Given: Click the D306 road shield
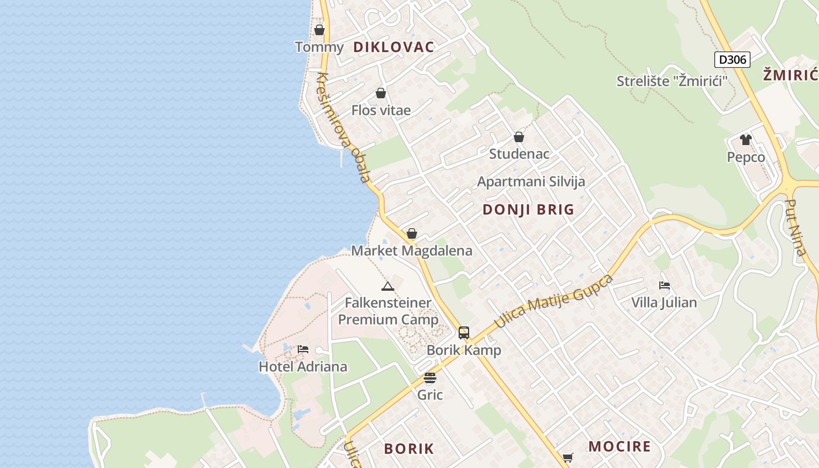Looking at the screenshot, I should coord(732,59).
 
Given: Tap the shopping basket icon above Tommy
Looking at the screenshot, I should coord(319,29).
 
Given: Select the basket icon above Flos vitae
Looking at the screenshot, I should coord(381,93).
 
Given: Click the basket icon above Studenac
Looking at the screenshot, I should coord(519,137).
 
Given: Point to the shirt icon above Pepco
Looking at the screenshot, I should coord(745,139).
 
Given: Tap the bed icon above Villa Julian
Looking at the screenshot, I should coord(664,285).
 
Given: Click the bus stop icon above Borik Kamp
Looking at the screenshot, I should coord(464,333).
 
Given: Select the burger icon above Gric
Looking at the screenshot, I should coord(430,378).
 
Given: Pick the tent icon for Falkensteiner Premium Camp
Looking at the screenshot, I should coord(387,286).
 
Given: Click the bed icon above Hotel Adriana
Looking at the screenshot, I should coord(303,349).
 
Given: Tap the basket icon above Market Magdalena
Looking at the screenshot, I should coord(412,233).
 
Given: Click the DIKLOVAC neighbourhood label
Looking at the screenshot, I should coord(394,47).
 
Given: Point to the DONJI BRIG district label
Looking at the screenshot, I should coord(528,210).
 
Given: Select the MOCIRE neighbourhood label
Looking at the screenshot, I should coord(620,447).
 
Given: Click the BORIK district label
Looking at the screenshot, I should coord(409,449).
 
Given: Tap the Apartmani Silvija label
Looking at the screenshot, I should coord(531,181).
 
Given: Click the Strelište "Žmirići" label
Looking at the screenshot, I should coord(672,81).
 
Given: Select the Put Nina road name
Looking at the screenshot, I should coord(796,228).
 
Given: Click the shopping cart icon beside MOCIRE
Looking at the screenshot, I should coord(567,457).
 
